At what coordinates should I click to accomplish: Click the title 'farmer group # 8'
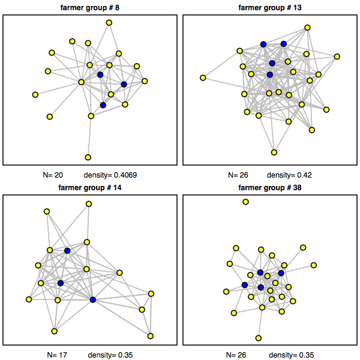click(x=91, y=8)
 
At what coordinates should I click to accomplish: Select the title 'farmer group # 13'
click(x=270, y=8)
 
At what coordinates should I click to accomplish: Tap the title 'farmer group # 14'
click(x=91, y=187)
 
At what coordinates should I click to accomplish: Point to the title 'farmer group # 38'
click(x=270, y=187)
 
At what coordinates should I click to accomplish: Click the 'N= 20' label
click(x=49, y=175)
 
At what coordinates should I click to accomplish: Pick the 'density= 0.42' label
click(x=289, y=175)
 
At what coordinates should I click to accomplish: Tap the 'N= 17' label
click(x=57, y=355)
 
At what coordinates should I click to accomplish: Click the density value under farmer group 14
click(x=110, y=355)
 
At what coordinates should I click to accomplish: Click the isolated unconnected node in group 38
click(x=245, y=202)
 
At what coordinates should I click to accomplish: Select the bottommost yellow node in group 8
click(x=88, y=157)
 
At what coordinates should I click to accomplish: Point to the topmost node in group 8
click(x=109, y=23)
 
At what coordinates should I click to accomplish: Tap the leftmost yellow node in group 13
click(x=203, y=77)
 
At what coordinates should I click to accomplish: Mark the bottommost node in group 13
click(x=274, y=152)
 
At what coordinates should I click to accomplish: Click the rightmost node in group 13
click(x=337, y=57)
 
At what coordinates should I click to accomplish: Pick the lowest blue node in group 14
click(x=93, y=299)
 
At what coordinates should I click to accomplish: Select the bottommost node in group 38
click(x=259, y=338)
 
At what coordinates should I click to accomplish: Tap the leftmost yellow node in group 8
click(x=35, y=94)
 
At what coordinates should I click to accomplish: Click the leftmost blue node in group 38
click(x=244, y=285)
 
